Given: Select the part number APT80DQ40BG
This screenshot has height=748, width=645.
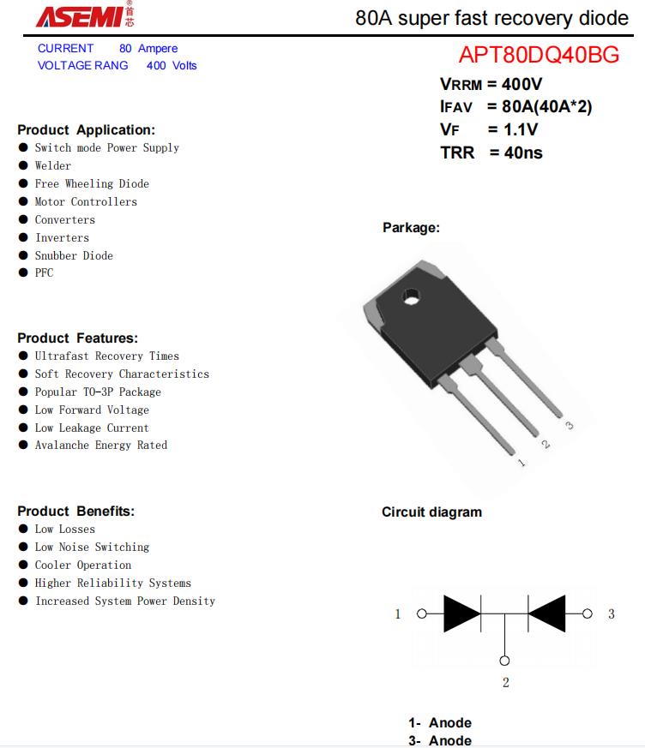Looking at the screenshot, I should [539, 56].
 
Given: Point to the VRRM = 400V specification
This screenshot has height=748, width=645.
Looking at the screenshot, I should [491, 84].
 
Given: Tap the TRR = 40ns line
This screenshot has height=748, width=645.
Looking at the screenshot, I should [491, 153].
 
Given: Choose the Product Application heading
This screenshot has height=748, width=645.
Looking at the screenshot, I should [86, 130].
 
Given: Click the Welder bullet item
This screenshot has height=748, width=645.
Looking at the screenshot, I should [53, 165].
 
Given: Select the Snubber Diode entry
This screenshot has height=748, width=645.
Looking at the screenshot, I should [74, 255].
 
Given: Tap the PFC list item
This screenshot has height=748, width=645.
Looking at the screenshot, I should [44, 272].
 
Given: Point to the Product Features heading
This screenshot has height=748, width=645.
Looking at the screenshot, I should [77, 338].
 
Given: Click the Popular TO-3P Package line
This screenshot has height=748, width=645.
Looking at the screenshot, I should [98, 392].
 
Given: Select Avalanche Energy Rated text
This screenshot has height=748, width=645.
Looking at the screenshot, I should [101, 445].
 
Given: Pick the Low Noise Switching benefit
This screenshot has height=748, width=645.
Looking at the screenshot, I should [92, 547].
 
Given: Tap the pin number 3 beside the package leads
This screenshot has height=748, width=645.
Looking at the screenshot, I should [569, 426].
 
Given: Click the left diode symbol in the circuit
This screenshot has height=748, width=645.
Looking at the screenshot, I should [461, 613].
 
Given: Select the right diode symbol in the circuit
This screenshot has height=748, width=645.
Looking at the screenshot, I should [546, 613].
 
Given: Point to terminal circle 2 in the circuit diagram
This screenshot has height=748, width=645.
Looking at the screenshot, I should [504, 661].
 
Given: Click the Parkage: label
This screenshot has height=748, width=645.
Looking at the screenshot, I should [411, 228].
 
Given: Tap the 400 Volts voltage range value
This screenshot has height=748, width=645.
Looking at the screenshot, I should [172, 65].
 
